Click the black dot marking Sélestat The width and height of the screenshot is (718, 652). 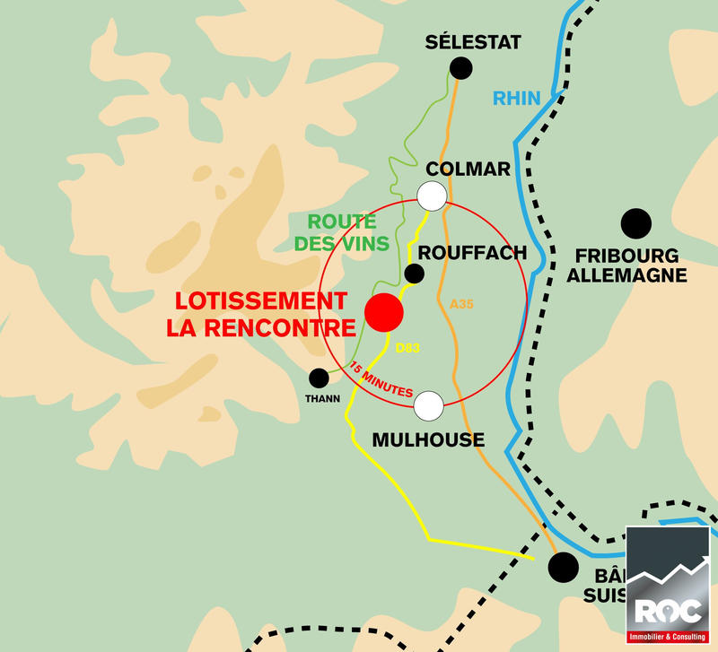pyautogui.click(x=461, y=66)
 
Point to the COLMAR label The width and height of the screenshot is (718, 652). pyautogui.click(x=468, y=169)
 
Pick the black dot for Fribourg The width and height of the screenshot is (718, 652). pyautogui.click(x=636, y=222)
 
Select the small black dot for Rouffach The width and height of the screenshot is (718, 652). pyautogui.click(x=415, y=274)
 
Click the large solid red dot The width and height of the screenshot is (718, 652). pyautogui.click(x=384, y=312)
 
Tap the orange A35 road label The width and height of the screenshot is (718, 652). pyautogui.click(x=461, y=305)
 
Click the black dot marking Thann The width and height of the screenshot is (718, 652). pyautogui.click(x=319, y=378)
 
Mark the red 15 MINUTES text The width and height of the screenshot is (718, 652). pyautogui.click(x=381, y=380)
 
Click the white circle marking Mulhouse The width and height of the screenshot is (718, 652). pyautogui.click(x=429, y=405)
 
